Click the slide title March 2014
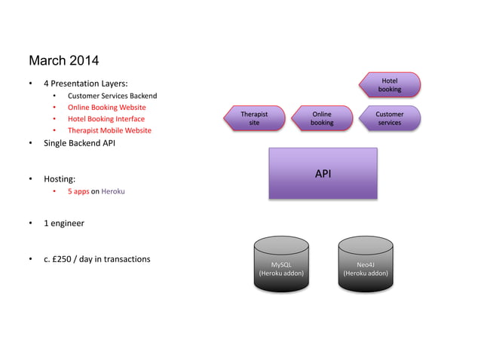(x=63, y=60)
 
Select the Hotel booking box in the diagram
(x=390, y=85)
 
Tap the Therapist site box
(x=255, y=118)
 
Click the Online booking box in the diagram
(x=322, y=118)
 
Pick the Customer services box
(x=390, y=118)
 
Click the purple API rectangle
(x=323, y=174)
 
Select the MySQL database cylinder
(x=281, y=264)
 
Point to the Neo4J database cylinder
(x=366, y=264)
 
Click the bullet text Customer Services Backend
(x=112, y=96)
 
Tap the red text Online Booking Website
(x=107, y=108)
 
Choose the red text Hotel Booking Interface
(x=106, y=119)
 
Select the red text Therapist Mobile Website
(x=109, y=130)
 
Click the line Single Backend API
(x=80, y=143)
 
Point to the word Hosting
(x=60, y=179)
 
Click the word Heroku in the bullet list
(x=113, y=191)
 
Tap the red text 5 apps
(x=78, y=191)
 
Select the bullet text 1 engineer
(x=64, y=224)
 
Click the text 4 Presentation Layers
(x=85, y=83)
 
